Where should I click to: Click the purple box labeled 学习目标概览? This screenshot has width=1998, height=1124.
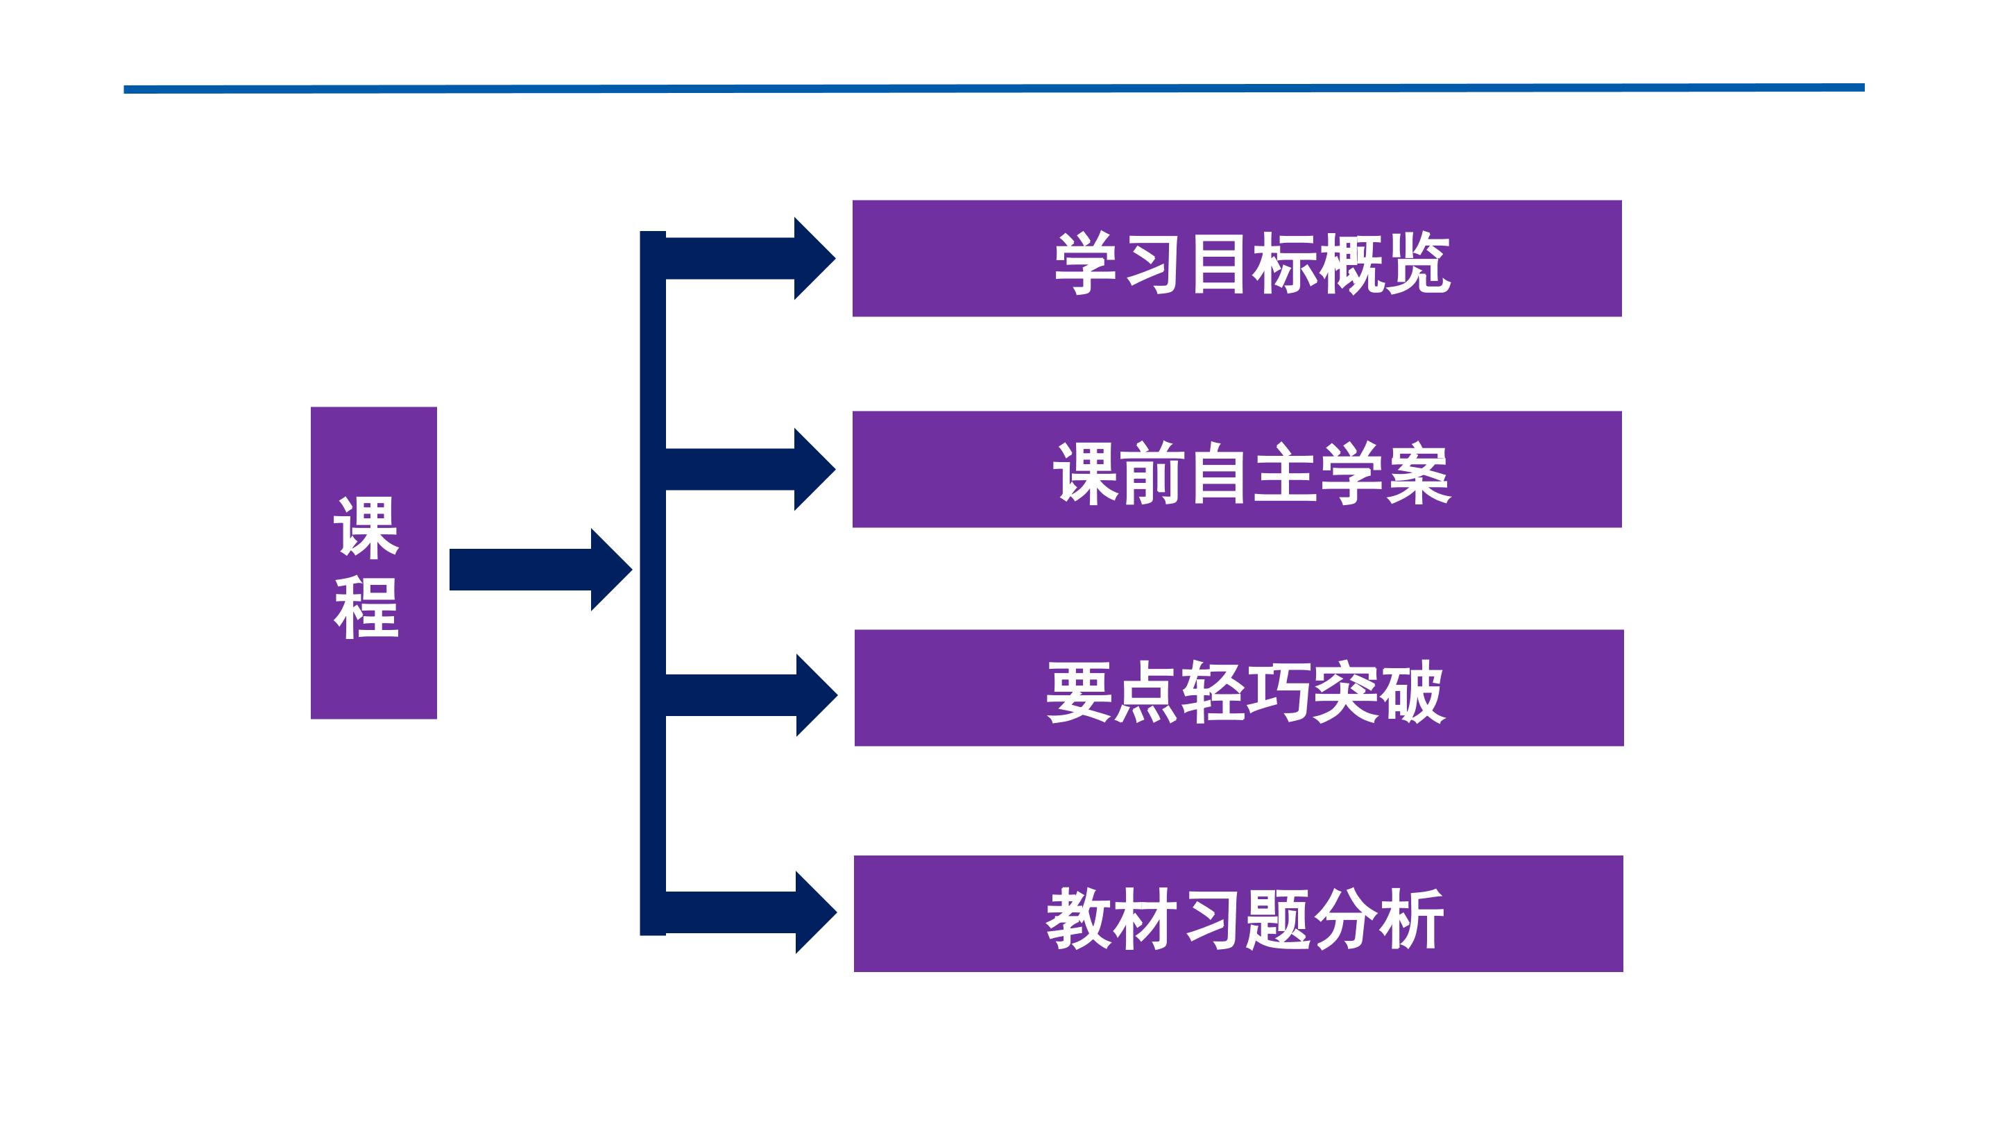[1236, 258]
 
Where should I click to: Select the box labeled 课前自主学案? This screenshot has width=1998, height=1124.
[1236, 469]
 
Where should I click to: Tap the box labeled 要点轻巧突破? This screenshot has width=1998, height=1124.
[1238, 688]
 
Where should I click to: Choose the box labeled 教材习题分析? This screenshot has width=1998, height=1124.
[1238, 914]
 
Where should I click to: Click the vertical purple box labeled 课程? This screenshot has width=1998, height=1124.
[374, 563]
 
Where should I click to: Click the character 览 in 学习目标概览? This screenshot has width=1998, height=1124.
[1417, 264]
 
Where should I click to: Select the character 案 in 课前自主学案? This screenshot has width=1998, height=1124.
[1417, 474]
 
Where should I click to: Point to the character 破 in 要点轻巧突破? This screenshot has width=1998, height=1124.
[1411, 692]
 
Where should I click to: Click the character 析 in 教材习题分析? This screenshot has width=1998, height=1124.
[1411, 919]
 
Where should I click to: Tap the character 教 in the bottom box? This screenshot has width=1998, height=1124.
[1079, 919]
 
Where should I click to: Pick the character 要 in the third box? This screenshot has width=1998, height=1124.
[1079, 692]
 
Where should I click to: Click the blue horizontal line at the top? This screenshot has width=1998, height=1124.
[993, 88]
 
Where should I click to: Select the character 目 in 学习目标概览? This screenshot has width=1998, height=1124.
[1220, 264]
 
